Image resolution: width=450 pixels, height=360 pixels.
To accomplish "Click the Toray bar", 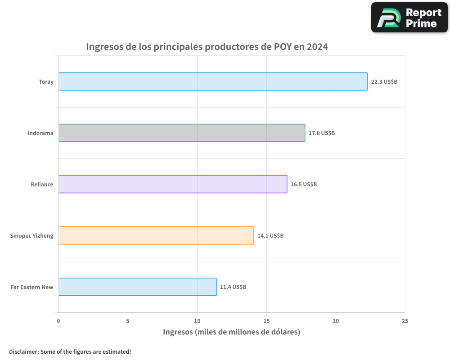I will [x=213, y=81].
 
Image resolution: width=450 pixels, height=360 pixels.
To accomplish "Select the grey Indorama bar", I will [x=182, y=133].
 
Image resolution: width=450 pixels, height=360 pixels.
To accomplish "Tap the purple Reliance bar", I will [x=173, y=184].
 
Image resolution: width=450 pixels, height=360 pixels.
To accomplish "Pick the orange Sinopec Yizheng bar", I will [x=156, y=235].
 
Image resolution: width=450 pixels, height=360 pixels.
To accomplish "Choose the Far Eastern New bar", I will [x=137, y=287].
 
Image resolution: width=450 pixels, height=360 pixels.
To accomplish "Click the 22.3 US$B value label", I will [x=384, y=82].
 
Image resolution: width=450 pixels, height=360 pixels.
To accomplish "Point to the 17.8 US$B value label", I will [x=321, y=133].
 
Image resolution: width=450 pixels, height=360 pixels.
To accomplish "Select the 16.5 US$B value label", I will [x=303, y=184].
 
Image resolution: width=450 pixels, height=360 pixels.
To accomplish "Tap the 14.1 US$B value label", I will [x=270, y=236].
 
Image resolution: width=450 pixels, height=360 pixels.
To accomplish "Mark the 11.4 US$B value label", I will [x=233, y=287].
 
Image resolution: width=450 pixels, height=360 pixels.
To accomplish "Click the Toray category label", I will [x=46, y=82].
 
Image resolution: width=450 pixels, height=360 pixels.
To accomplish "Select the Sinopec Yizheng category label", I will [x=31, y=236].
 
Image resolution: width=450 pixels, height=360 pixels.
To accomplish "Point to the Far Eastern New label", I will [x=32, y=287].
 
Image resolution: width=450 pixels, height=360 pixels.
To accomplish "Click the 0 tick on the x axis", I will [x=58, y=321].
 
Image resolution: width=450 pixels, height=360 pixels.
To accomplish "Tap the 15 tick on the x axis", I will [x=266, y=321].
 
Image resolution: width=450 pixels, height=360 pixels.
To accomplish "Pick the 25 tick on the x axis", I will [x=405, y=321].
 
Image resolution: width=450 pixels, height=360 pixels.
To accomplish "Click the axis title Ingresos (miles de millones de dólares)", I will [x=231, y=332].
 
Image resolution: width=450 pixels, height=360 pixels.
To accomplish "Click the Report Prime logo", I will [x=409, y=18].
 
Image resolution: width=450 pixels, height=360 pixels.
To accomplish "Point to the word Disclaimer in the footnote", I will [x=23, y=351].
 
